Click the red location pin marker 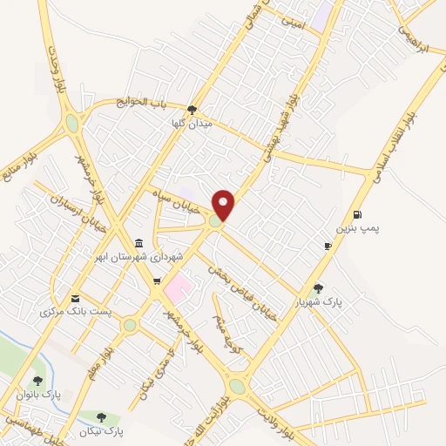(224, 204)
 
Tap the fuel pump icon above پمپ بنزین (357, 215)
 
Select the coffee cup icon (328, 247)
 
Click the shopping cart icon (157, 280)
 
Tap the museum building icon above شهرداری (139, 243)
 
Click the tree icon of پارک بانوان (37, 380)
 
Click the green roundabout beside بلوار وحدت (71, 124)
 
